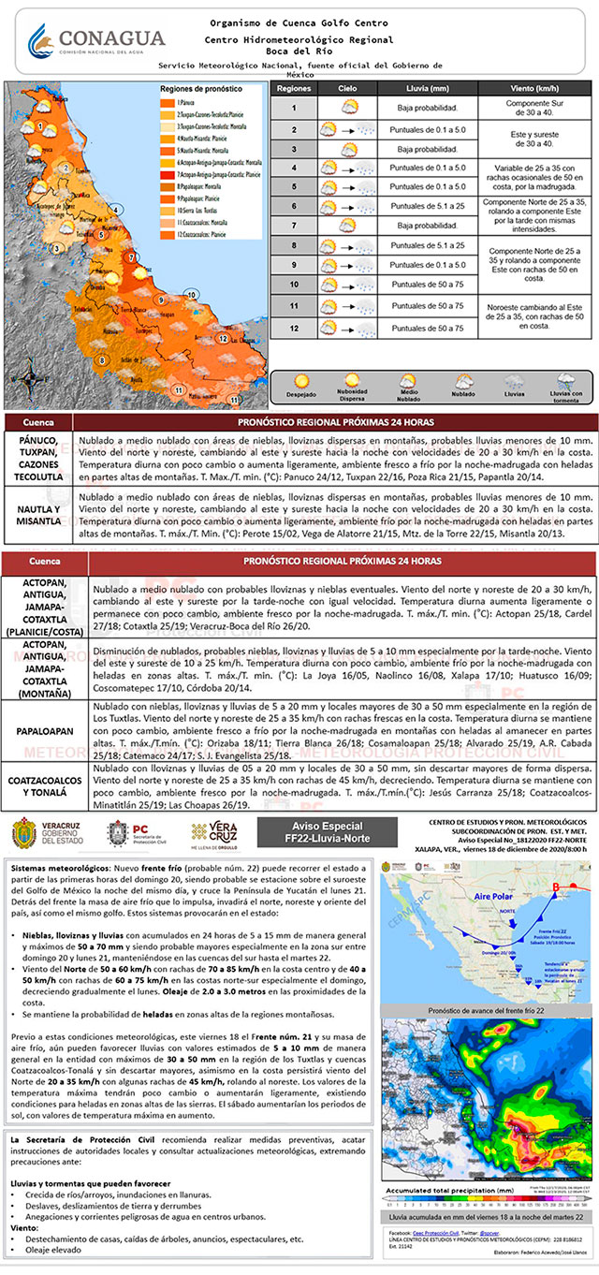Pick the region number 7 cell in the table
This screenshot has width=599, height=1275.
[x=294, y=227]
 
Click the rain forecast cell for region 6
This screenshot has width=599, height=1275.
[x=427, y=206]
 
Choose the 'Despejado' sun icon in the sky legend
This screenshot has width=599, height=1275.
[x=301, y=382]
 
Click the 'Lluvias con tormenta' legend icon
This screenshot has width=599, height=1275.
[x=564, y=382]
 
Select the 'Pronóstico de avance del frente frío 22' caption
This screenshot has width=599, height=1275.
[x=484, y=1011]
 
